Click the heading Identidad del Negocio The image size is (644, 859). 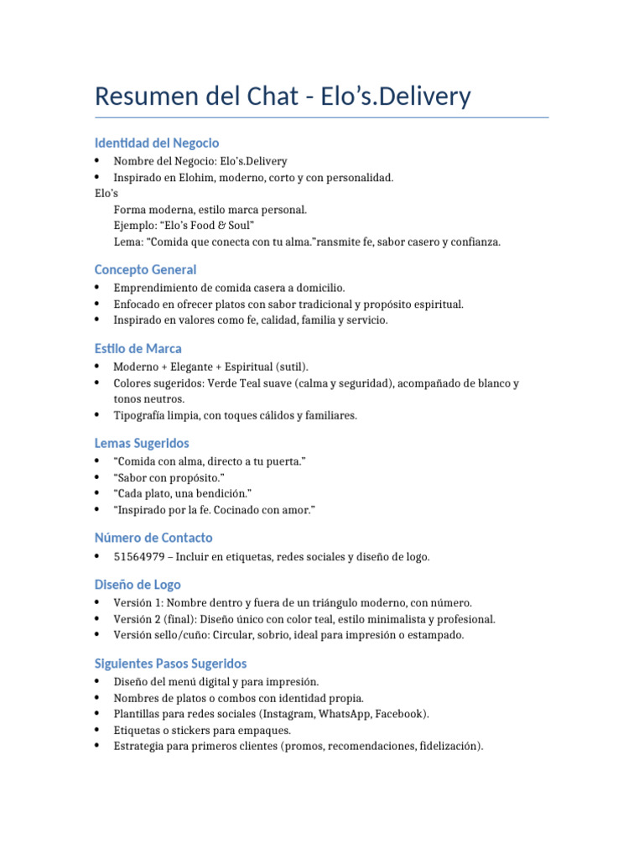click(x=157, y=143)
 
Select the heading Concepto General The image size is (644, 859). click(x=146, y=269)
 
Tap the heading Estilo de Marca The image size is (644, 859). click(x=138, y=348)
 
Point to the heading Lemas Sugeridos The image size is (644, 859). click(x=142, y=443)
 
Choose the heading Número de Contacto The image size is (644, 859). click(x=153, y=538)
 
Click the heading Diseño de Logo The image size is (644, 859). click(x=138, y=585)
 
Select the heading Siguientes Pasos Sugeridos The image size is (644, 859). click(x=170, y=664)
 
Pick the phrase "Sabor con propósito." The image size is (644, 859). click(x=169, y=477)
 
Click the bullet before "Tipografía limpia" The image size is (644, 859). click(x=98, y=415)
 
